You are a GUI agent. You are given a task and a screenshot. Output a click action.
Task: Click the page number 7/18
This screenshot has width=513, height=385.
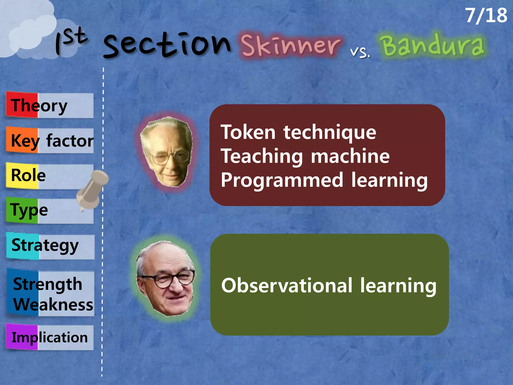pyautogui.click(x=486, y=16)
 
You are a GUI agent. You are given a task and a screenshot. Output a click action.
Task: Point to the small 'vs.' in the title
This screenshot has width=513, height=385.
pyautogui.click(x=360, y=52)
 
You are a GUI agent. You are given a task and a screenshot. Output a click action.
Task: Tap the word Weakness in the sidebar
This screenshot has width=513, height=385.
pyautogui.click(x=53, y=305)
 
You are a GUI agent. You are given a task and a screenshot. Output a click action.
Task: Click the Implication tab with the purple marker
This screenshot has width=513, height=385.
pyautogui.click(x=50, y=337)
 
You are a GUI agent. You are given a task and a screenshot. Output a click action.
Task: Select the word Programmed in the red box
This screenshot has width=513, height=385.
pyautogui.click(x=282, y=180)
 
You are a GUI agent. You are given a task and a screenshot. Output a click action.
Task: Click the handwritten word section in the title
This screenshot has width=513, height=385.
pyautogui.click(x=167, y=45)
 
